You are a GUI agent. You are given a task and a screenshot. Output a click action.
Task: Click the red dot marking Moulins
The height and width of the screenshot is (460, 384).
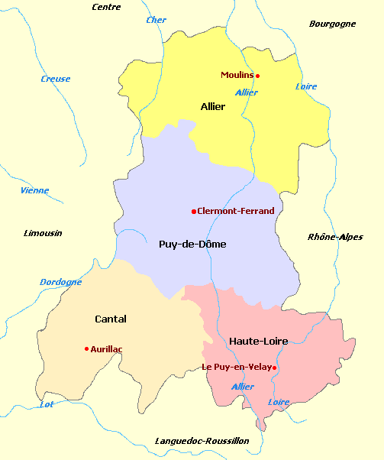(x=258, y=76)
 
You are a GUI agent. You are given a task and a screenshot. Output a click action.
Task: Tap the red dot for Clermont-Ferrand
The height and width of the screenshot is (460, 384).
(x=194, y=211)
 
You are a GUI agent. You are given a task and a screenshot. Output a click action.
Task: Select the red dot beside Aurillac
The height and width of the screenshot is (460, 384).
(x=86, y=348)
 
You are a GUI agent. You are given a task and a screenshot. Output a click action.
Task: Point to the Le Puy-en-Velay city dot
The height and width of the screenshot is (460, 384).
(x=274, y=368)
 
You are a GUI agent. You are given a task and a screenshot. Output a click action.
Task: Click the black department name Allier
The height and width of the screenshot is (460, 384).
(x=213, y=106)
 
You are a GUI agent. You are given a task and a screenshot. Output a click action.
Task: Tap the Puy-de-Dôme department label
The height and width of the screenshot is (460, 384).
(x=192, y=244)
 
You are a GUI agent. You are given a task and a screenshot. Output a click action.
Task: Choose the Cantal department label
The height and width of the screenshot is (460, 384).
(x=111, y=319)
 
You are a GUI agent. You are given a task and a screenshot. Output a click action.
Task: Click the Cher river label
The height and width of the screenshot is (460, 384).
(x=157, y=20)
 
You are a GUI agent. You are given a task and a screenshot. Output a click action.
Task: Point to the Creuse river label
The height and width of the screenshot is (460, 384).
(x=56, y=79)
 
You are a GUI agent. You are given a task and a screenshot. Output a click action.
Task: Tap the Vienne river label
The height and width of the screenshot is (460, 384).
(x=34, y=190)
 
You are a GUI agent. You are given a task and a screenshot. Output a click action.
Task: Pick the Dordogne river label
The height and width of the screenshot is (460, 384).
(x=60, y=282)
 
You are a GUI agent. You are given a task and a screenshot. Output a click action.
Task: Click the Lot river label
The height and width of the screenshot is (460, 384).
(x=47, y=404)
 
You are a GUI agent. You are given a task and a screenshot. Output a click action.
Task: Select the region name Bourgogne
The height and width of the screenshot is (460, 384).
(x=332, y=24)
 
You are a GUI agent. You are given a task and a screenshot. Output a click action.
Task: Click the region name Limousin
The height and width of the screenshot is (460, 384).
(x=43, y=233)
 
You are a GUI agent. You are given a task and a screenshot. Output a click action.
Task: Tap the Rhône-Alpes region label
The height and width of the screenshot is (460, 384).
(x=335, y=237)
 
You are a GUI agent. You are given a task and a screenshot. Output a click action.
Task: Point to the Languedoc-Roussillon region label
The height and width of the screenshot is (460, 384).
(x=202, y=441)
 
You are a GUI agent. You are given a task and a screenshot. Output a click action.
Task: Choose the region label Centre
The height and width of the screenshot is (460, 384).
(x=106, y=7)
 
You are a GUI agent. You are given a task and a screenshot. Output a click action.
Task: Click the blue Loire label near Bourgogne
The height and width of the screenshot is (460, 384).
(x=306, y=86)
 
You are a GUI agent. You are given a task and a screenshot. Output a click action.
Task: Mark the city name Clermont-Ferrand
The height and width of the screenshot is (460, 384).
(x=235, y=211)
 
